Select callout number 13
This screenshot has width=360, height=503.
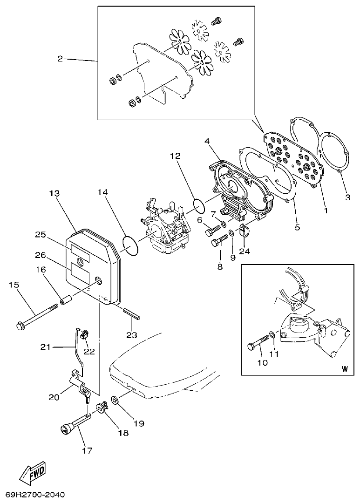pos(54,193)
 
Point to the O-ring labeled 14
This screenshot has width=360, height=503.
pos(131,246)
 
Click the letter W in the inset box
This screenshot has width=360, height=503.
pos(344,369)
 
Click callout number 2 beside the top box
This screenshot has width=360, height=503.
pos(60,59)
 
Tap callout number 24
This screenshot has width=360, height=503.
pos(245,251)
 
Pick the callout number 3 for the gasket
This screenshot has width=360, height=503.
pos(347,197)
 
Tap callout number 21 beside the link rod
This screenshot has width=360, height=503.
pos(45,347)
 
